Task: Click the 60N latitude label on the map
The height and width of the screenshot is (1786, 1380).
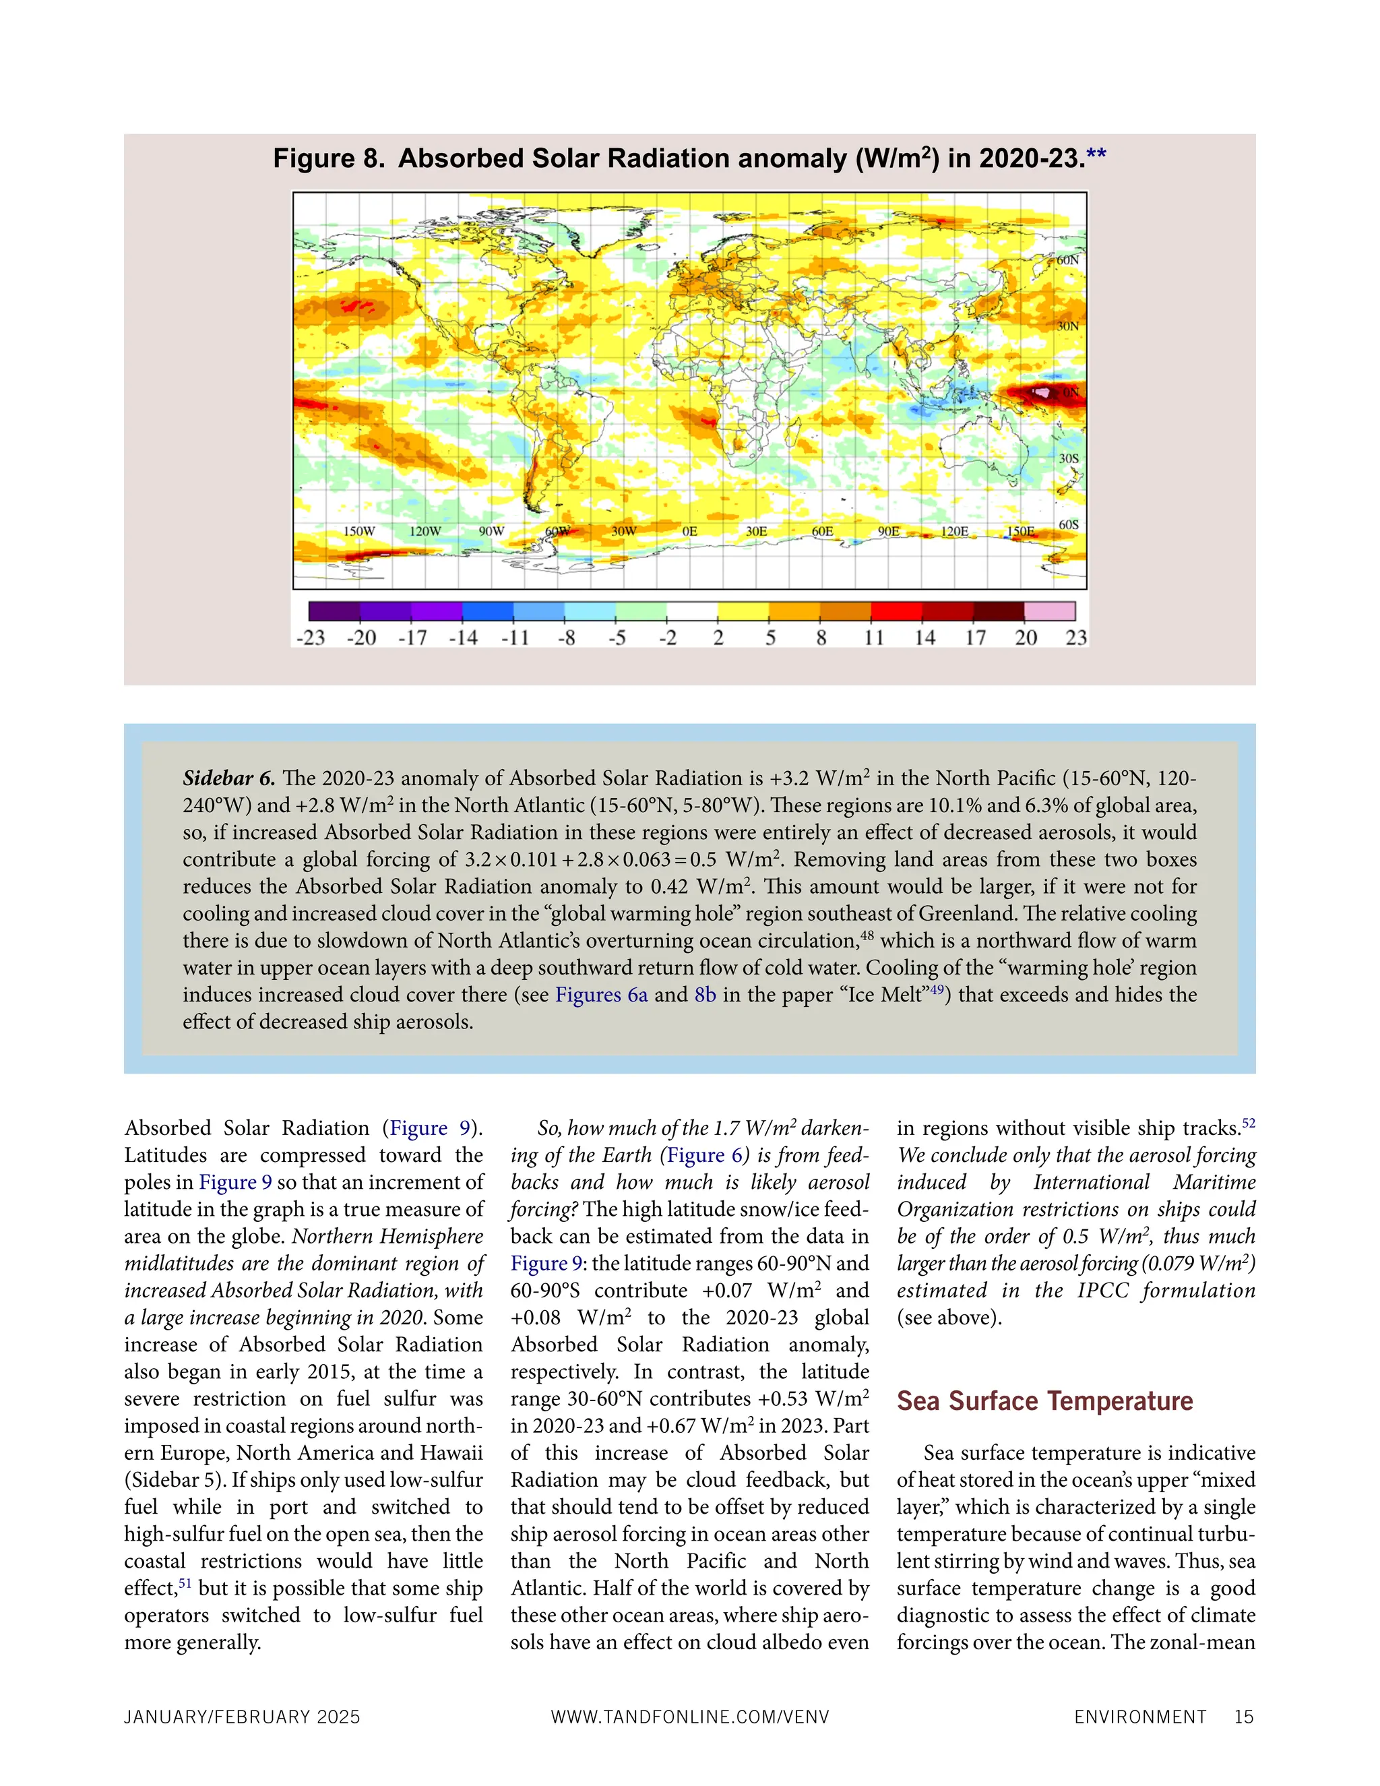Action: pos(1068,260)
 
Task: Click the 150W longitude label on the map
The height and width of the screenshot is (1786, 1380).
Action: pos(359,532)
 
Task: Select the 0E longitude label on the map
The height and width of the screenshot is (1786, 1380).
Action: pos(690,532)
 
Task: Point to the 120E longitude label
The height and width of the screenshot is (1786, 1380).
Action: pos(954,532)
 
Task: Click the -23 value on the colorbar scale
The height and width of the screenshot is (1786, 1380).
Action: pos(311,638)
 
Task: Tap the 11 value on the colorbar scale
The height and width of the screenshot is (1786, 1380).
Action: pos(874,638)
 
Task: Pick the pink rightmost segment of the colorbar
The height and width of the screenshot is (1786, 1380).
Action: pos(1050,611)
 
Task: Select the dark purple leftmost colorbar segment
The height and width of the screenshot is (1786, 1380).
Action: pos(334,611)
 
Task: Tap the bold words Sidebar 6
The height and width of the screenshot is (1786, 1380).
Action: pos(228,778)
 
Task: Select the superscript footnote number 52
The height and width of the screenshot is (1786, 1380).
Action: pos(1249,1123)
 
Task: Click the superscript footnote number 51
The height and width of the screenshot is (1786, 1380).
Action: pos(185,1583)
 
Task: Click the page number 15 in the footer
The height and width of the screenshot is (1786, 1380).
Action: pos(1243,1717)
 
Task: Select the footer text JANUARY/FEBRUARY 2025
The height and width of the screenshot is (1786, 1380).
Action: pos(242,1717)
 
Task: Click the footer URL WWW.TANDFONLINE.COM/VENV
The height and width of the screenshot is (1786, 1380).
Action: pos(690,1717)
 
